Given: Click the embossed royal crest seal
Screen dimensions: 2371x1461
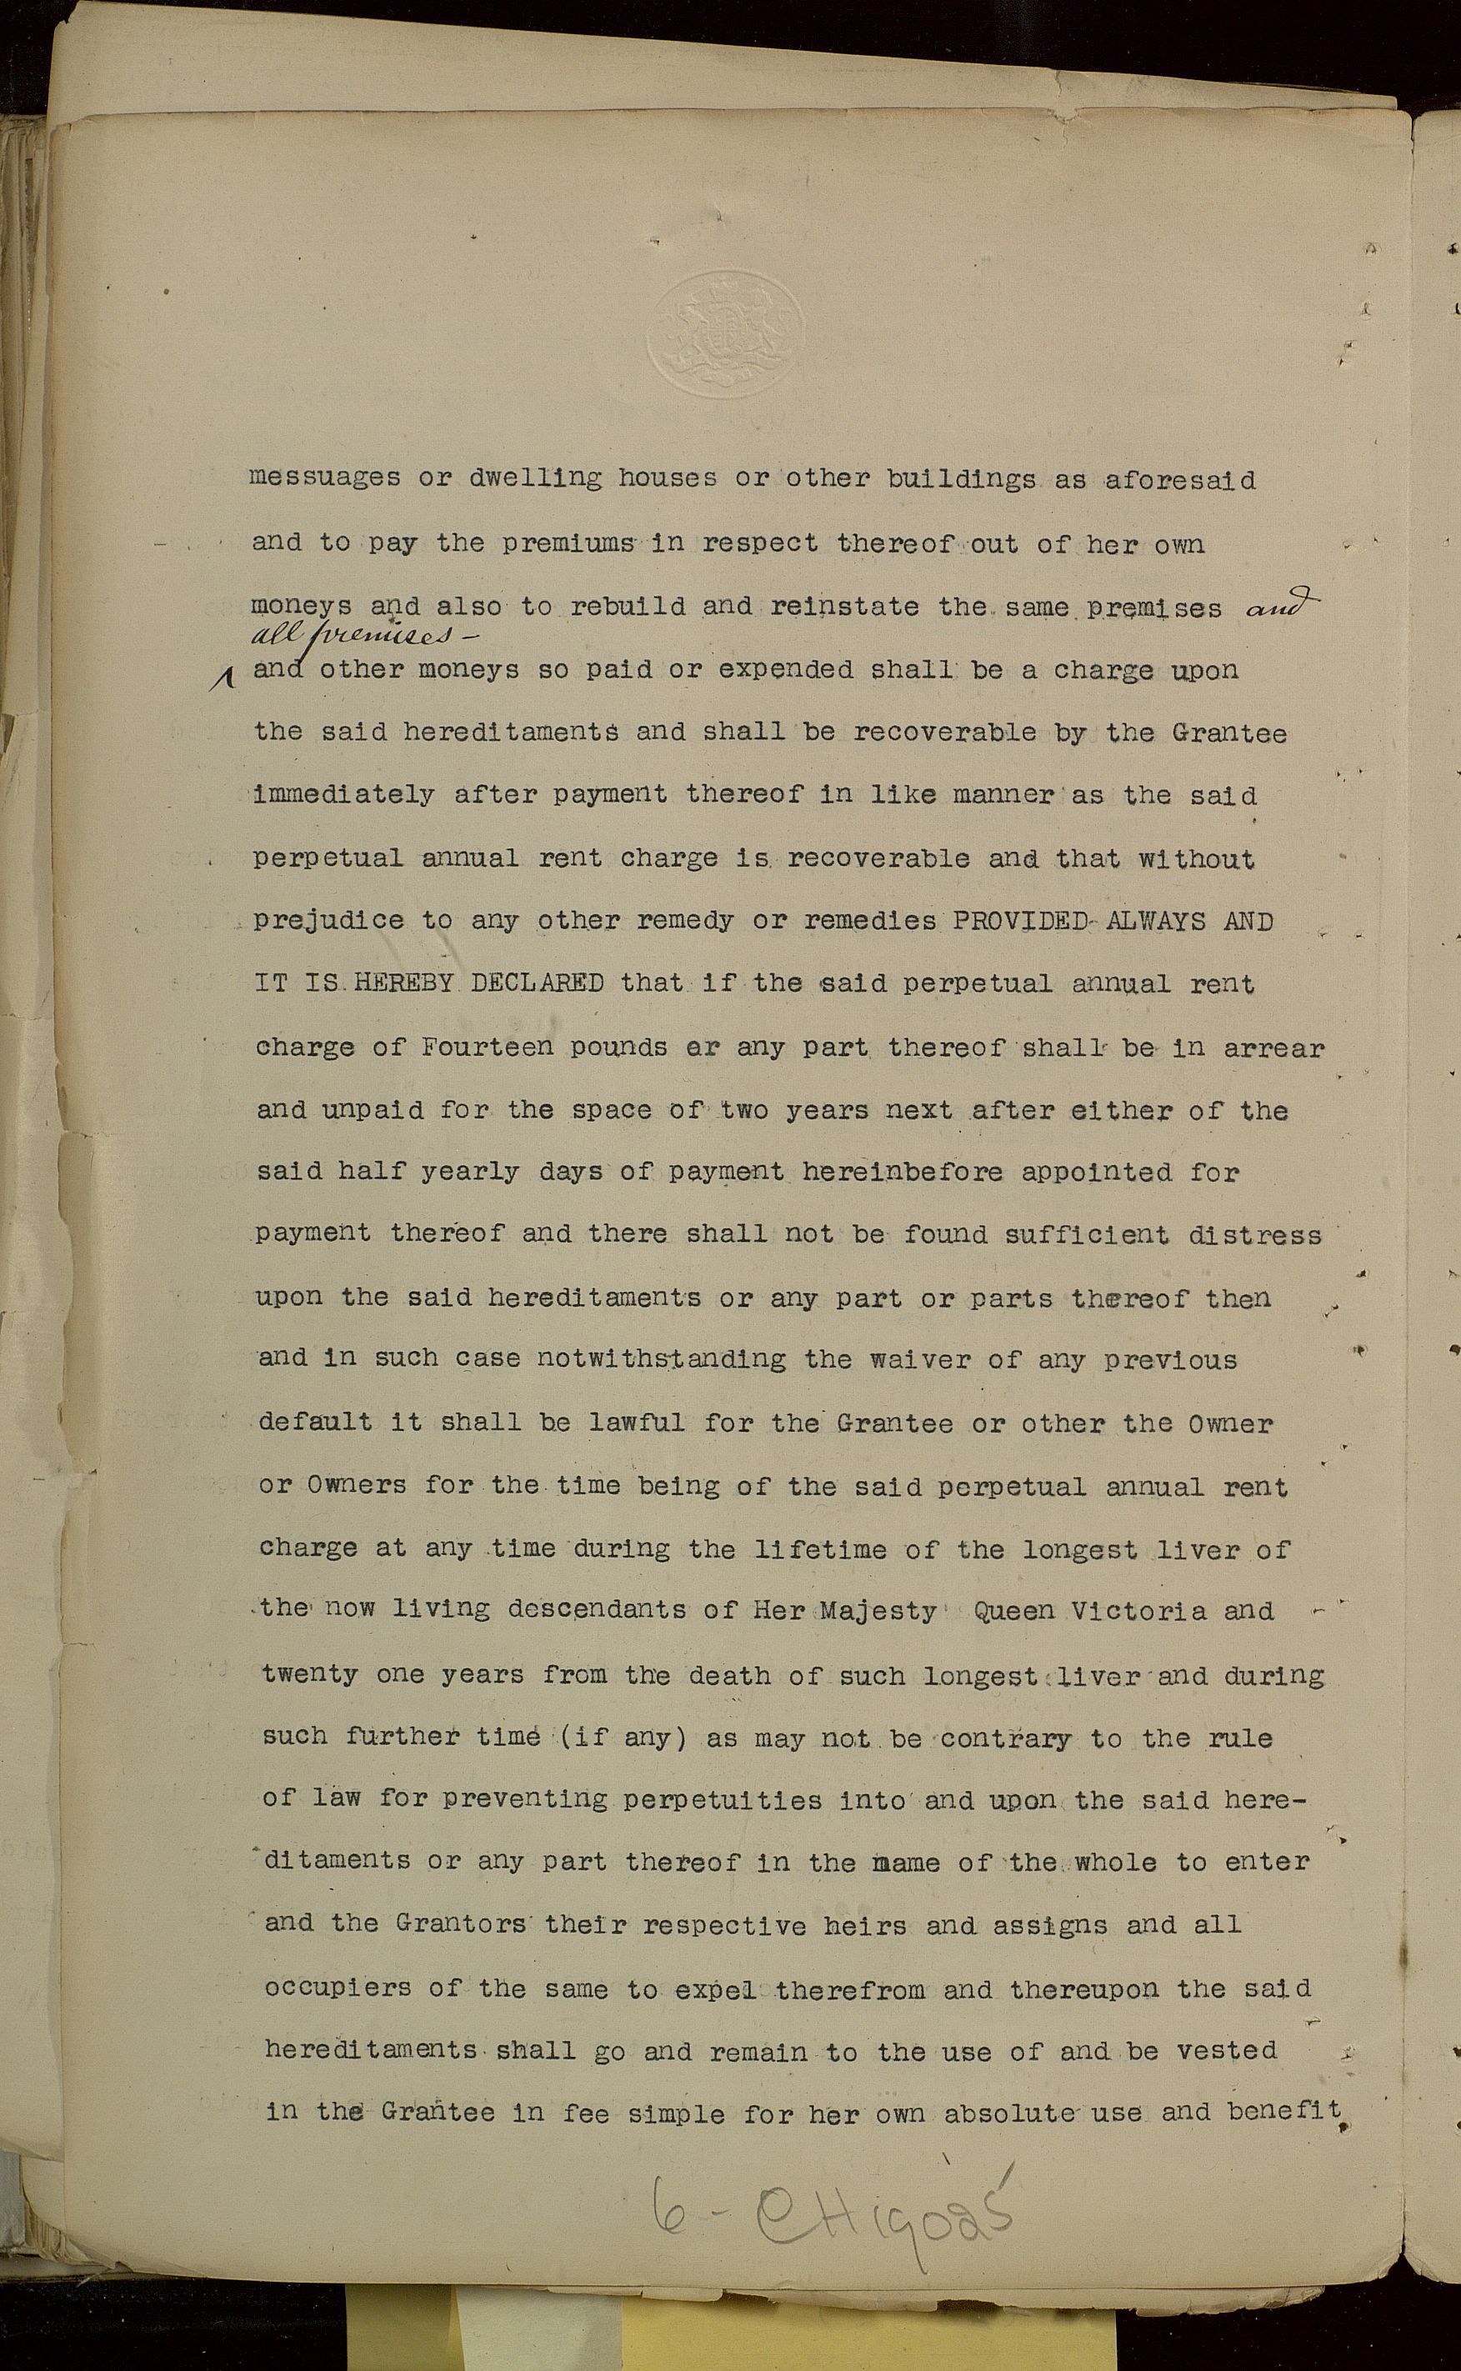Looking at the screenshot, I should tap(725, 333).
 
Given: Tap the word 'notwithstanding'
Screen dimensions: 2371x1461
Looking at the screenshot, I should tap(661, 1359).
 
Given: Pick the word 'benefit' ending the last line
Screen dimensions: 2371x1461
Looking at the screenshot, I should tap(1285, 2112).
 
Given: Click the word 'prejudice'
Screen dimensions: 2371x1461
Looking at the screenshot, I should tap(328, 921).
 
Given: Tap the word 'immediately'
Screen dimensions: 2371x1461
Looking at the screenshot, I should tap(344, 795).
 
